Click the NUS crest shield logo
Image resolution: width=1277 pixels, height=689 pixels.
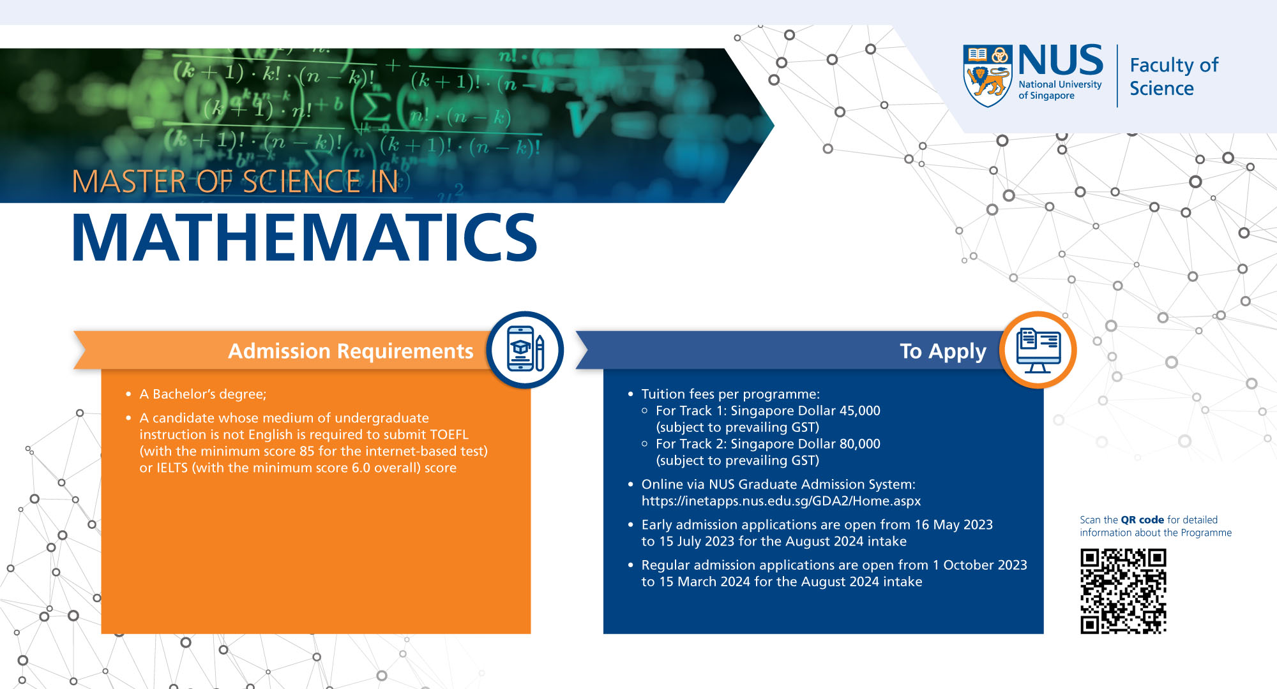pyautogui.click(x=987, y=75)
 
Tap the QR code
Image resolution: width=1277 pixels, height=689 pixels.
pyautogui.click(x=1123, y=591)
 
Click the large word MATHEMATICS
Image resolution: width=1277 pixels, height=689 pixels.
pyautogui.click(x=305, y=238)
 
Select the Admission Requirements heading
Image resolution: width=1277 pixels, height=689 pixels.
pyautogui.click(x=351, y=351)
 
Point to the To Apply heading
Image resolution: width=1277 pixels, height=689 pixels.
pyautogui.click(x=942, y=351)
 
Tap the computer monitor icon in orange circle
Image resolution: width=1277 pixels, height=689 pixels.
pyautogui.click(x=1038, y=350)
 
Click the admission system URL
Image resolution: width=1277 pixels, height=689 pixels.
pyautogui.click(x=781, y=501)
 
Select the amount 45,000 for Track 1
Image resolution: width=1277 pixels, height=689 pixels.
pyautogui.click(x=859, y=411)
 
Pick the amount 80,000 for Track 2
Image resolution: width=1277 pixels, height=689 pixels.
pyautogui.click(x=859, y=444)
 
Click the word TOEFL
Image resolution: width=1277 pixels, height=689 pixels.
pyautogui.click(x=449, y=434)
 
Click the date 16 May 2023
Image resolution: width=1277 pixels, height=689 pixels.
pyautogui.click(x=953, y=524)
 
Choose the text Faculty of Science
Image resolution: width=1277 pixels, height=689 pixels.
pyautogui.click(x=1174, y=77)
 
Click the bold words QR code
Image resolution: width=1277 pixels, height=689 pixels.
pyautogui.click(x=1142, y=520)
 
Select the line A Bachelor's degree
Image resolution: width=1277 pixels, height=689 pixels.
pyautogui.click(x=202, y=394)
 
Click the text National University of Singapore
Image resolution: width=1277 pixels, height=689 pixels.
pyautogui.click(x=1059, y=90)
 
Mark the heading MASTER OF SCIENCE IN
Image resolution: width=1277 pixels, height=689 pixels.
pyautogui.click(x=235, y=182)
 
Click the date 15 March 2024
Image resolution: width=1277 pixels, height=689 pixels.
pyautogui.click(x=704, y=582)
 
